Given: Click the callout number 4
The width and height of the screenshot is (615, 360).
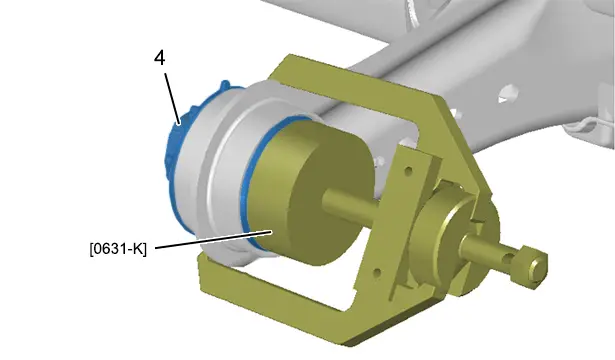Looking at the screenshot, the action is coord(160,58).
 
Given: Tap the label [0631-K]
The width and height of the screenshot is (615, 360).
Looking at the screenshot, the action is coord(118,249).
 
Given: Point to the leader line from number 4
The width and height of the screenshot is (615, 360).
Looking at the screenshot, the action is coord(173,99).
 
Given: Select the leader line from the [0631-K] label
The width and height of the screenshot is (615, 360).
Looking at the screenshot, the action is coord(214,240).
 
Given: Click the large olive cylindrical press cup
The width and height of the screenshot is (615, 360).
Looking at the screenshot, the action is coord(310,192).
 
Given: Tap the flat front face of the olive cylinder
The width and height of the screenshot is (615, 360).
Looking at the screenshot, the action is coord(331,200).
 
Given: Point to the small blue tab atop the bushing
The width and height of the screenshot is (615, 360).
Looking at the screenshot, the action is coord(225,85).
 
